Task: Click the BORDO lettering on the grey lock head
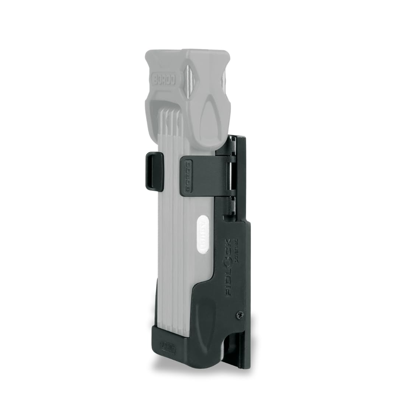tap(163, 78)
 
